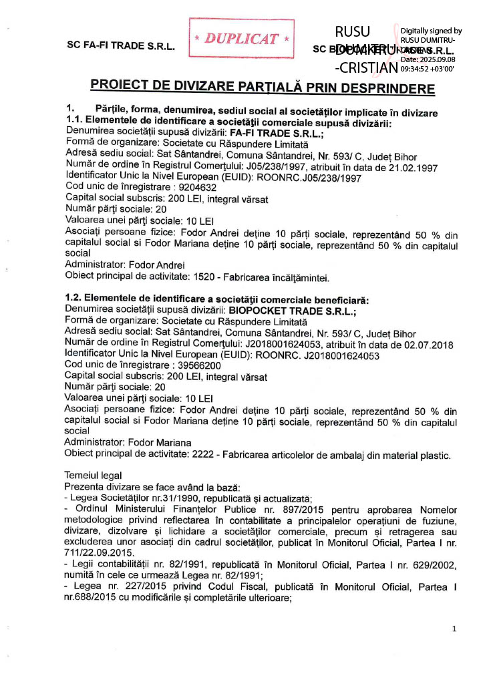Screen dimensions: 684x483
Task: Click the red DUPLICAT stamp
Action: (241, 39)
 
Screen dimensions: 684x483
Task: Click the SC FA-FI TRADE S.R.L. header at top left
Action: (121, 47)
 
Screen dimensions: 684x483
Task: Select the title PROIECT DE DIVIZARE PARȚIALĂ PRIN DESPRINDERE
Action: (263, 88)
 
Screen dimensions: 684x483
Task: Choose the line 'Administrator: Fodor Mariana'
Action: (128, 443)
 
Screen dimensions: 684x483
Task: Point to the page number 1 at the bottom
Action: (454, 629)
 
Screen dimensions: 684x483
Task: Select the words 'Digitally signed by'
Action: (431, 31)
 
